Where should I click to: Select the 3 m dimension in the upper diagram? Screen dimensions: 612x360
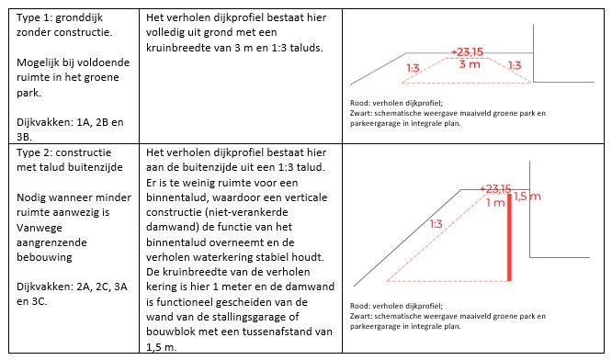[470, 65]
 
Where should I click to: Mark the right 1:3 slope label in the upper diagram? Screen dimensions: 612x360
[514, 66]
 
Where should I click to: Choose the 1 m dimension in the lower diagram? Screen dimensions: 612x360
[494, 202]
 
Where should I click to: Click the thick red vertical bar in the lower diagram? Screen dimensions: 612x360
[508, 243]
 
